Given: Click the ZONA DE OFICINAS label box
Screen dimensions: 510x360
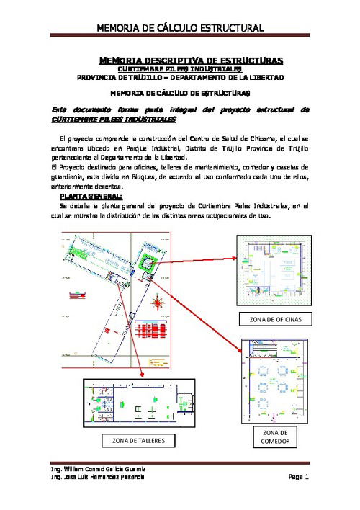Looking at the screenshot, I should pos(272,318).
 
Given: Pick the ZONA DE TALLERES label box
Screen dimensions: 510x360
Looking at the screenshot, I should pos(138,440).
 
